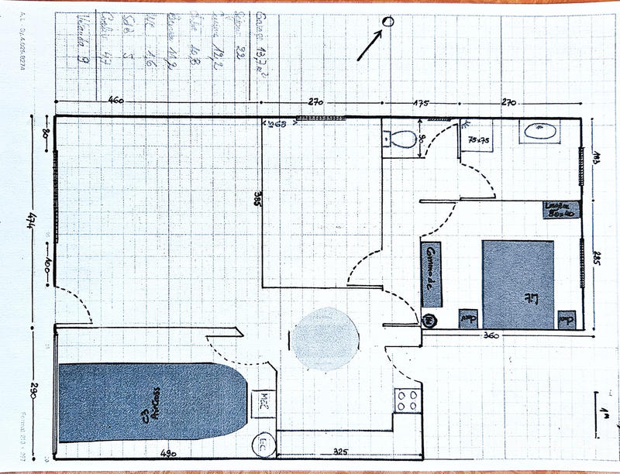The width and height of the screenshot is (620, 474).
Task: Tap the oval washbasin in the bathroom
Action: [540, 131]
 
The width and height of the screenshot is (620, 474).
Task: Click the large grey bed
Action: [518, 284]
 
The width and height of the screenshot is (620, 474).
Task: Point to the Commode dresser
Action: [431, 274]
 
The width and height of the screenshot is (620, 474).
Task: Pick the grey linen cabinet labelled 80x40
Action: [557, 208]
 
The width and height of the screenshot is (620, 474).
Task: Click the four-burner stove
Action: [408, 400]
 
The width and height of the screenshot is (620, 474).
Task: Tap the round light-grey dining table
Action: [325, 339]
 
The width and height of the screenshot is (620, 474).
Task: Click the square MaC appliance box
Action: [263, 400]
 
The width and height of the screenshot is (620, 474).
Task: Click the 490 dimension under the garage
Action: [170, 453]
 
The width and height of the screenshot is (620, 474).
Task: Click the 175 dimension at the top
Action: [421, 101]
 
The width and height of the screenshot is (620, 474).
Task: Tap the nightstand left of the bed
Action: [467, 318]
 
